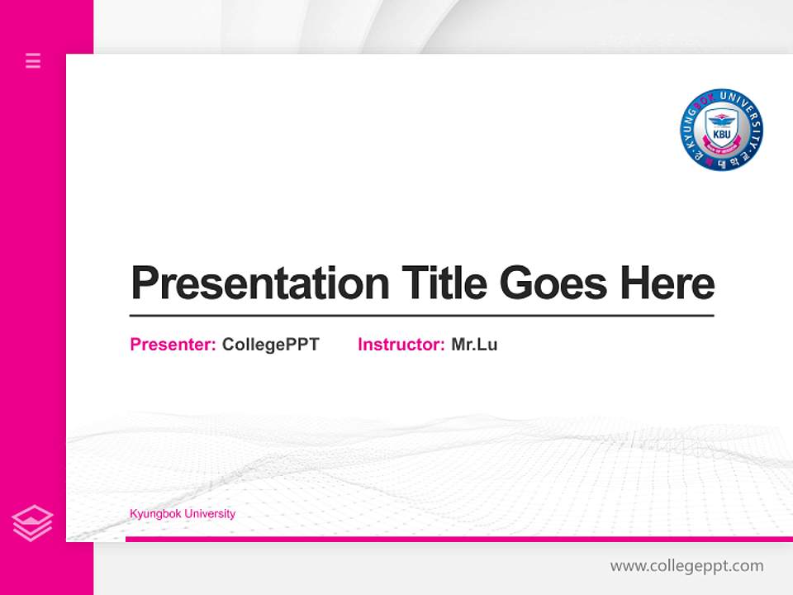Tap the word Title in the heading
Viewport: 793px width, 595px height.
point(444,283)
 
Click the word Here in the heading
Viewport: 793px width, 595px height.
point(667,283)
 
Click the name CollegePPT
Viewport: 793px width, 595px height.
point(270,345)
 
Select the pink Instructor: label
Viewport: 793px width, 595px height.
point(401,345)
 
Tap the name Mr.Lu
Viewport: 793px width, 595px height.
point(474,345)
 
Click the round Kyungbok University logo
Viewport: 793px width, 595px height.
point(721,130)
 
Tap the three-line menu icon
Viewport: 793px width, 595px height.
point(33,60)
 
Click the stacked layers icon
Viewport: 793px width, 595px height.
point(32,522)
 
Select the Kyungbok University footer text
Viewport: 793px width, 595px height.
point(183,514)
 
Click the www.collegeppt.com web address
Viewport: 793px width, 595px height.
point(686,566)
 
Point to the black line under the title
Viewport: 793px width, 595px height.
point(421,315)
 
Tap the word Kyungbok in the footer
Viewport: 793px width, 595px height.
point(154,514)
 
